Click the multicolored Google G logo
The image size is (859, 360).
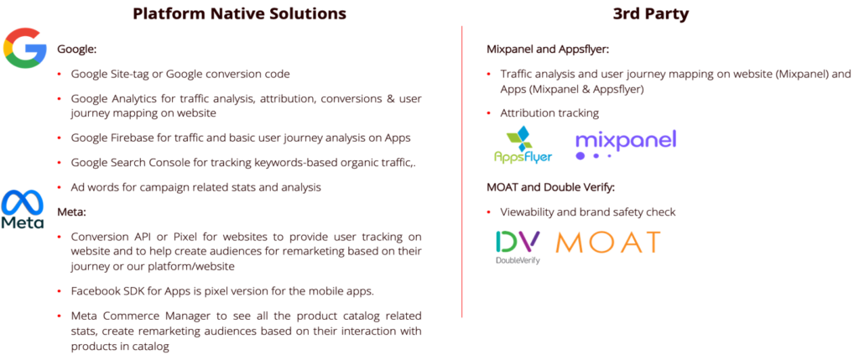pyautogui.click(x=24, y=49)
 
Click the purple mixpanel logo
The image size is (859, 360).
pyautogui.click(x=626, y=143)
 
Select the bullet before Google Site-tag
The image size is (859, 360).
pyautogui.click(x=59, y=74)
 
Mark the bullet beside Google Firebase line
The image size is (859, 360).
pyautogui.click(x=59, y=137)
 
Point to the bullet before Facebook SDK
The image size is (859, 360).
pyautogui.click(x=59, y=290)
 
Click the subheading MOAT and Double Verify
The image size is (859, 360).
pyautogui.click(x=550, y=186)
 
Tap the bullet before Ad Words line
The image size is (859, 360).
pyautogui.click(x=59, y=187)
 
